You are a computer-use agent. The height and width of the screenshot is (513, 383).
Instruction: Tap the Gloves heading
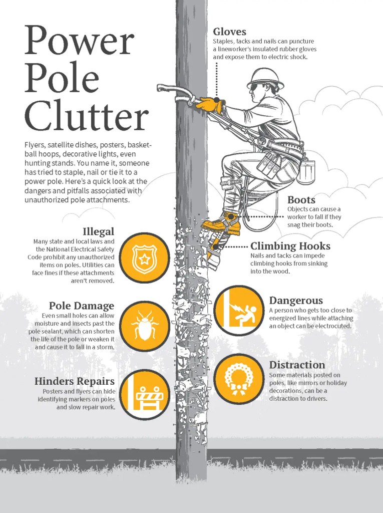tap(229, 32)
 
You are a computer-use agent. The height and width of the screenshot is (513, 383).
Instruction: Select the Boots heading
tap(301, 200)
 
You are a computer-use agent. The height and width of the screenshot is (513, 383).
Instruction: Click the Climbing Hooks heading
tap(290, 246)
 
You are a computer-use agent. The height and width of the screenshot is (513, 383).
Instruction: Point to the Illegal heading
tap(98, 231)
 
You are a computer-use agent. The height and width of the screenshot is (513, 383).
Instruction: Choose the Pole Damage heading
tap(81, 306)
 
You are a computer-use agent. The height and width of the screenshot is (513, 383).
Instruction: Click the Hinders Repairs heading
tap(74, 381)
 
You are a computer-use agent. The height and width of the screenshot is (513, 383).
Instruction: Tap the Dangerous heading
tap(296, 301)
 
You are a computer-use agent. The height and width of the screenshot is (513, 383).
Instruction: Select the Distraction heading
tap(297, 365)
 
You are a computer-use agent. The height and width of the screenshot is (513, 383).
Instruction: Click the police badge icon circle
tap(145, 258)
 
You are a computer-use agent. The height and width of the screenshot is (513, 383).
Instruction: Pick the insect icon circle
tap(145, 326)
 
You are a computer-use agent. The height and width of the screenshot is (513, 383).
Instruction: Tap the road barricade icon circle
tap(145, 394)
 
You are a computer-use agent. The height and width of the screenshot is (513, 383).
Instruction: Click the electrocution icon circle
tap(238, 311)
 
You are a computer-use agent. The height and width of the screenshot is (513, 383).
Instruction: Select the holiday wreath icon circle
tap(238, 379)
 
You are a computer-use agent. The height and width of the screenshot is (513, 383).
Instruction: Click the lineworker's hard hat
tap(265, 78)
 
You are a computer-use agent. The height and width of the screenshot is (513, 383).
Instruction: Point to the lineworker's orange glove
tap(210, 105)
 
